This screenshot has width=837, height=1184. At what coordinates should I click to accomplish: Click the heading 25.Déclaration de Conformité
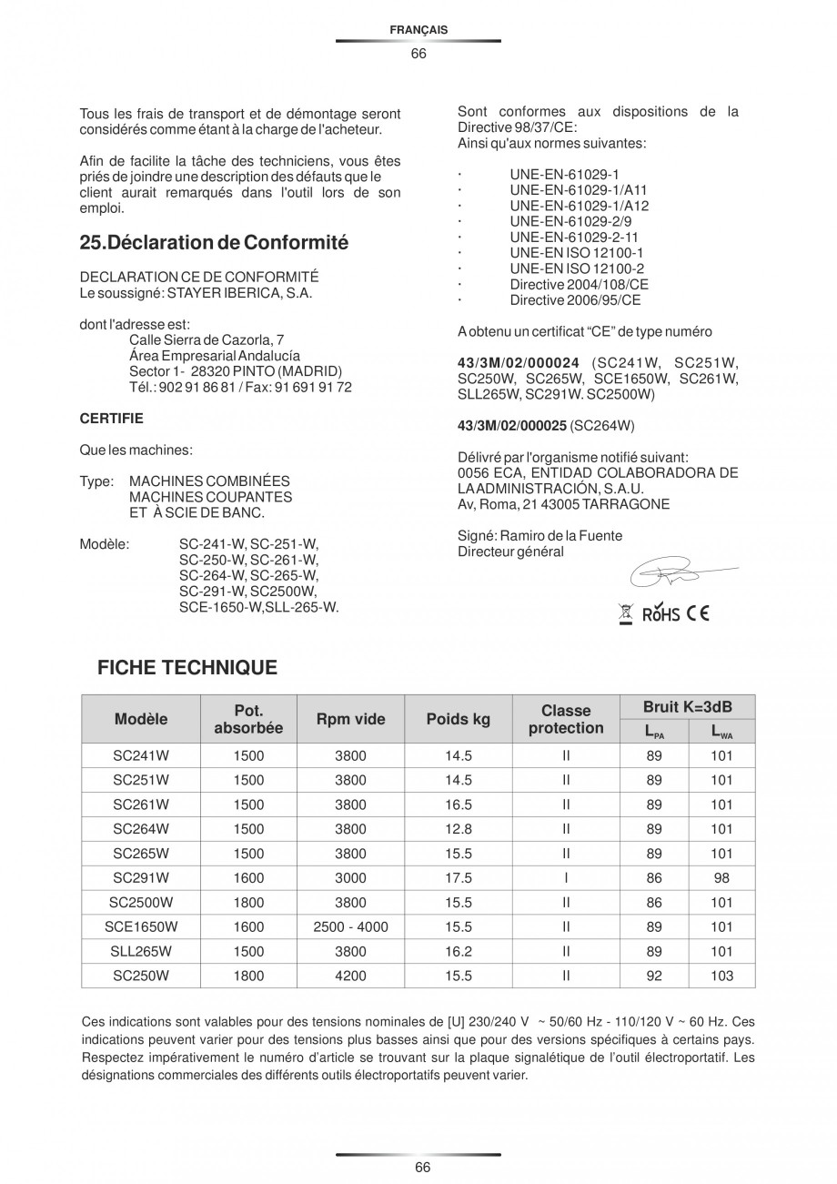tap(214, 243)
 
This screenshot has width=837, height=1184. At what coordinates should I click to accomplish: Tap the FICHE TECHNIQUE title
tap(187, 668)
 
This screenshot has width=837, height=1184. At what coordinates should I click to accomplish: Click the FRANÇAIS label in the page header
tap(418, 30)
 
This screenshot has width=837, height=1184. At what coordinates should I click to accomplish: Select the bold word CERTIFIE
tap(112, 419)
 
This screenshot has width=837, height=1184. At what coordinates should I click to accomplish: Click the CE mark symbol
tap(699, 613)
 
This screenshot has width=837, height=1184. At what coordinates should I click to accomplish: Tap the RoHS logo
tap(661, 614)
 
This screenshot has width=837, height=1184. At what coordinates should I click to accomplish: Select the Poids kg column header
tap(459, 719)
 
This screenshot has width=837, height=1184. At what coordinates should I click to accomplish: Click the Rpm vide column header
tap(350, 719)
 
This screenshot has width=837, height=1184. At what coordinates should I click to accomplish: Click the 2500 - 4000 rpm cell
tap(350, 927)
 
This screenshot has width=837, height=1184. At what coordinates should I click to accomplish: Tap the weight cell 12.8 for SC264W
tap(459, 829)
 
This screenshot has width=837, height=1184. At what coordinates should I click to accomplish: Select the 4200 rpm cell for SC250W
tap(350, 977)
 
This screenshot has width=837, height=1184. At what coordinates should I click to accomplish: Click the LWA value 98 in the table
tap(721, 878)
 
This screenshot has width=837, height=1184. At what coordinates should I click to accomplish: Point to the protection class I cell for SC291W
tap(566, 878)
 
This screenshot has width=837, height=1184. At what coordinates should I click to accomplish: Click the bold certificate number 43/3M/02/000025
tap(512, 425)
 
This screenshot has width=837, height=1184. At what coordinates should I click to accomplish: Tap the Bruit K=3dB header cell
tap(687, 707)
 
